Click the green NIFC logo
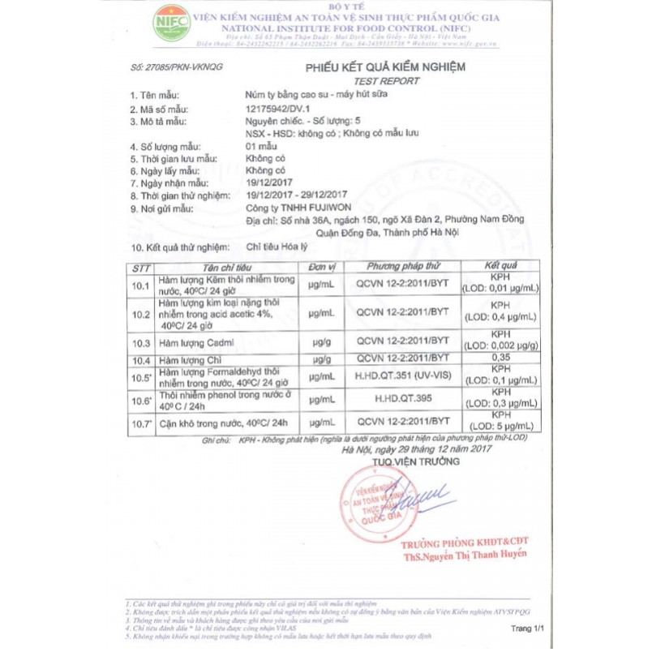coord(171,23)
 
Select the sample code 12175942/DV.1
coord(277,109)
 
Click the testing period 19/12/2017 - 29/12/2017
coord(296,195)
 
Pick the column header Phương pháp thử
coord(403,266)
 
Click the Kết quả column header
coord(500,266)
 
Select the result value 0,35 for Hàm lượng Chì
coord(500,358)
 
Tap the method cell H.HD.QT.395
coord(403,400)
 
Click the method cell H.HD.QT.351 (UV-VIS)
coord(403,377)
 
